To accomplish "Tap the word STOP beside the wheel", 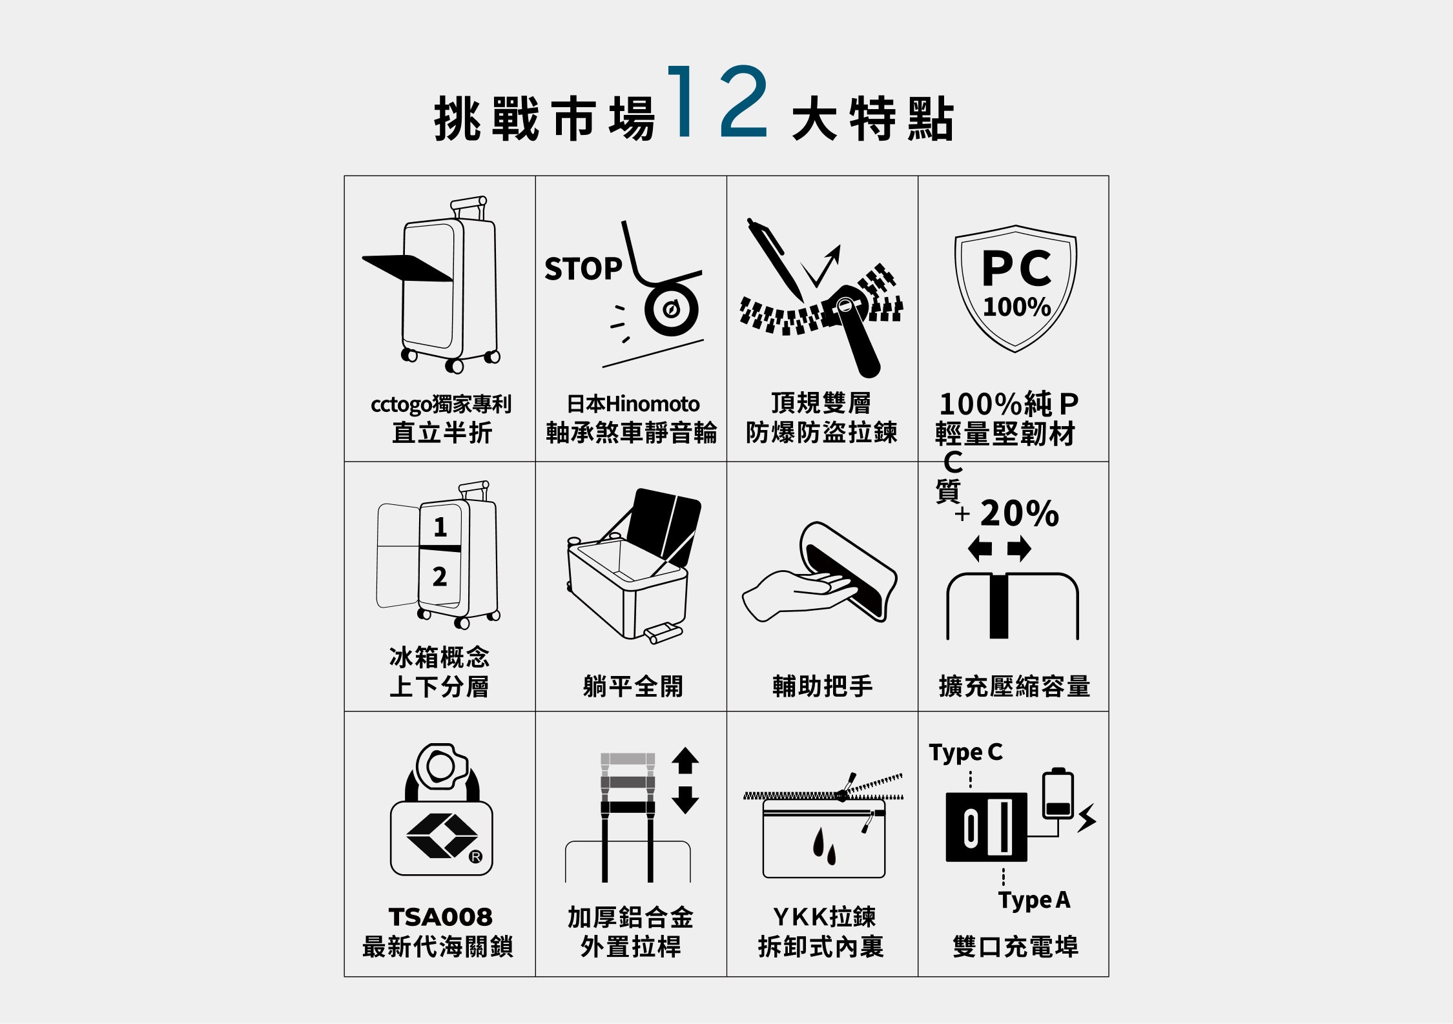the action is click(583, 269).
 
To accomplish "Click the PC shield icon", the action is click(1016, 288).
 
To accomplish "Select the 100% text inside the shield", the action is click(1017, 307).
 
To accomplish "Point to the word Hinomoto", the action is click(653, 404).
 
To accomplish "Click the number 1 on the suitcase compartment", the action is click(440, 527).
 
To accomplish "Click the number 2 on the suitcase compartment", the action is click(440, 576).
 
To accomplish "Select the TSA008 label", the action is click(440, 917).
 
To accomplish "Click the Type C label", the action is click(966, 753).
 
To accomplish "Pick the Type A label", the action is click(1035, 900).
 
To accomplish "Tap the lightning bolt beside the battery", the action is click(1087, 817).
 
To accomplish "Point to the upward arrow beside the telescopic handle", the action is click(685, 761).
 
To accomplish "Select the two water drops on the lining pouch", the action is click(824, 846).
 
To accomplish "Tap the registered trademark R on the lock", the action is click(475, 857).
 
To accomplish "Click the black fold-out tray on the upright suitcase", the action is click(407, 268).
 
